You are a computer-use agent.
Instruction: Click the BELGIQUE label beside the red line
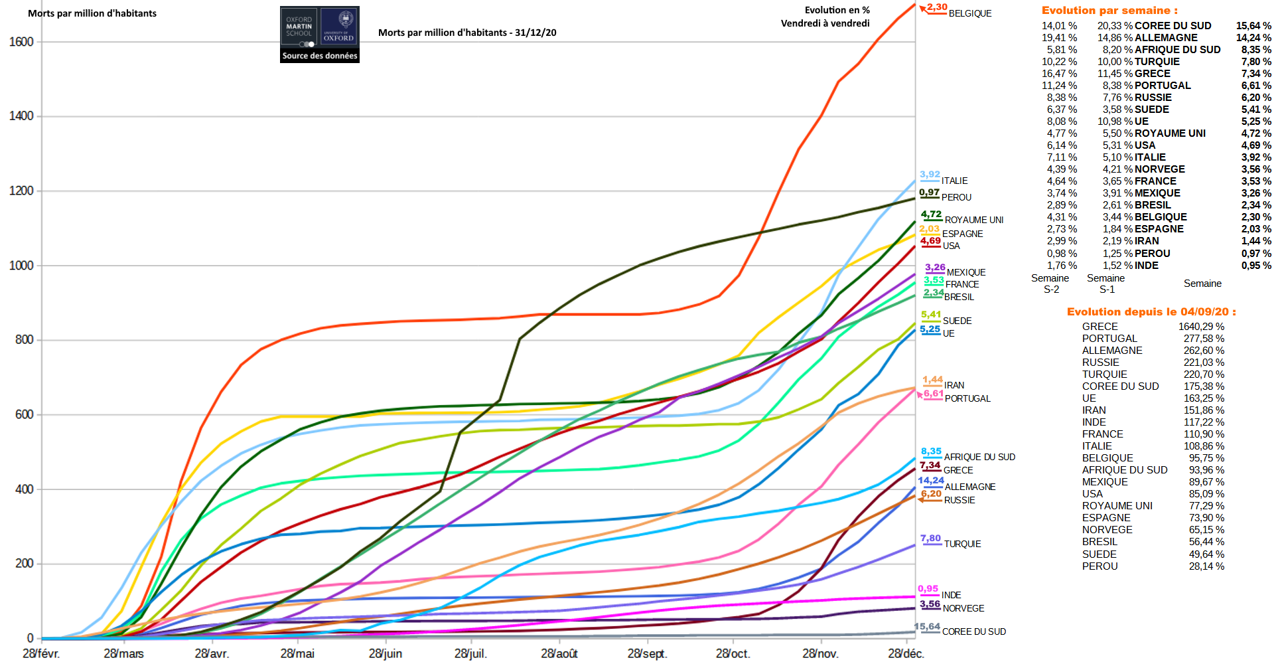click(x=969, y=13)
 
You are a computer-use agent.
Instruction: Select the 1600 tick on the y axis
click(x=21, y=42)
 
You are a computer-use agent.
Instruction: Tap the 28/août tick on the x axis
click(x=559, y=653)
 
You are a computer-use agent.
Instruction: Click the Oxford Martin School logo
click(x=299, y=27)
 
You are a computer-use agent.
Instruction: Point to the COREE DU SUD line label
click(x=973, y=631)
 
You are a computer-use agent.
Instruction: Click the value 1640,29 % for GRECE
click(x=1201, y=327)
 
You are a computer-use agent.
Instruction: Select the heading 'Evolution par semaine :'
click(x=1109, y=11)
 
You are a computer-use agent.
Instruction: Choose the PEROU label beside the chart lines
click(x=956, y=197)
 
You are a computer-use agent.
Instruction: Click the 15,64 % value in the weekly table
click(x=1253, y=26)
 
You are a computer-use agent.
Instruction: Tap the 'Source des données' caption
click(x=320, y=56)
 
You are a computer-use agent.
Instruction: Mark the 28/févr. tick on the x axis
click(x=41, y=653)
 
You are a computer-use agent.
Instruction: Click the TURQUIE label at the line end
click(x=962, y=544)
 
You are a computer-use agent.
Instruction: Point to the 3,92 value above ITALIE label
click(x=930, y=175)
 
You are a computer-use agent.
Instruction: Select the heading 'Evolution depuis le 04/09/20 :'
click(x=1151, y=312)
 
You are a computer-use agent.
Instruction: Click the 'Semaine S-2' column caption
click(x=1050, y=284)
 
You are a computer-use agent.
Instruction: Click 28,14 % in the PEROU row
click(x=1206, y=566)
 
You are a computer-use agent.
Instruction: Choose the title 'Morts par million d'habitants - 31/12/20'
click(x=467, y=33)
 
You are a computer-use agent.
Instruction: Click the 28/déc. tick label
click(x=906, y=653)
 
